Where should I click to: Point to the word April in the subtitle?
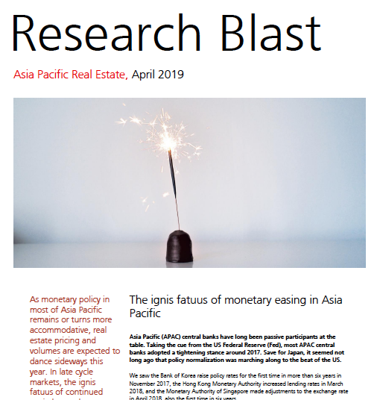145,75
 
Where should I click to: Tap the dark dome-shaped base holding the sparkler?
178,246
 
